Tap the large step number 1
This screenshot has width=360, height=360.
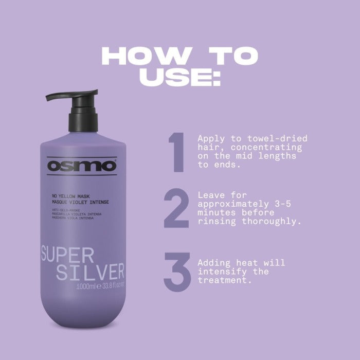[x=177, y=153]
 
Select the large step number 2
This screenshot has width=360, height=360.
[x=177, y=209]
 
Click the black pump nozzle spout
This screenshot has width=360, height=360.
[x=57, y=96]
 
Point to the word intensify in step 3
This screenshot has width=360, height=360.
[x=220, y=272]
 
